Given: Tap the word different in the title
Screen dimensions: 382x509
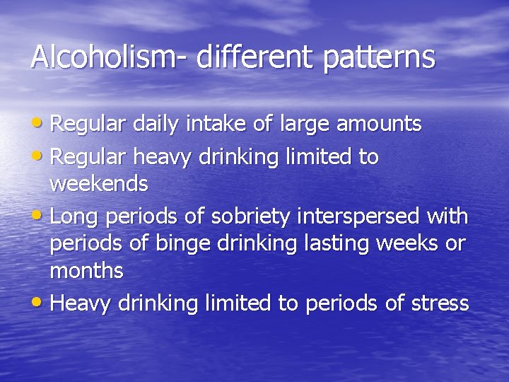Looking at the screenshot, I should click(x=255, y=57).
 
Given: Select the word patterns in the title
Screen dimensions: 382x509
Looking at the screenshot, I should click(x=379, y=57).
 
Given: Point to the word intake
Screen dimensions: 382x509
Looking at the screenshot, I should click(x=217, y=125).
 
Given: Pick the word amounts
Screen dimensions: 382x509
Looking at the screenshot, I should click(x=379, y=125).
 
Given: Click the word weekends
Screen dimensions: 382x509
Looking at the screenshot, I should click(x=98, y=185).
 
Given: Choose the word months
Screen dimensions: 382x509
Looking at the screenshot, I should click(x=86, y=270).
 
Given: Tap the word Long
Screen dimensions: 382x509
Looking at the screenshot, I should click(x=74, y=215).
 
